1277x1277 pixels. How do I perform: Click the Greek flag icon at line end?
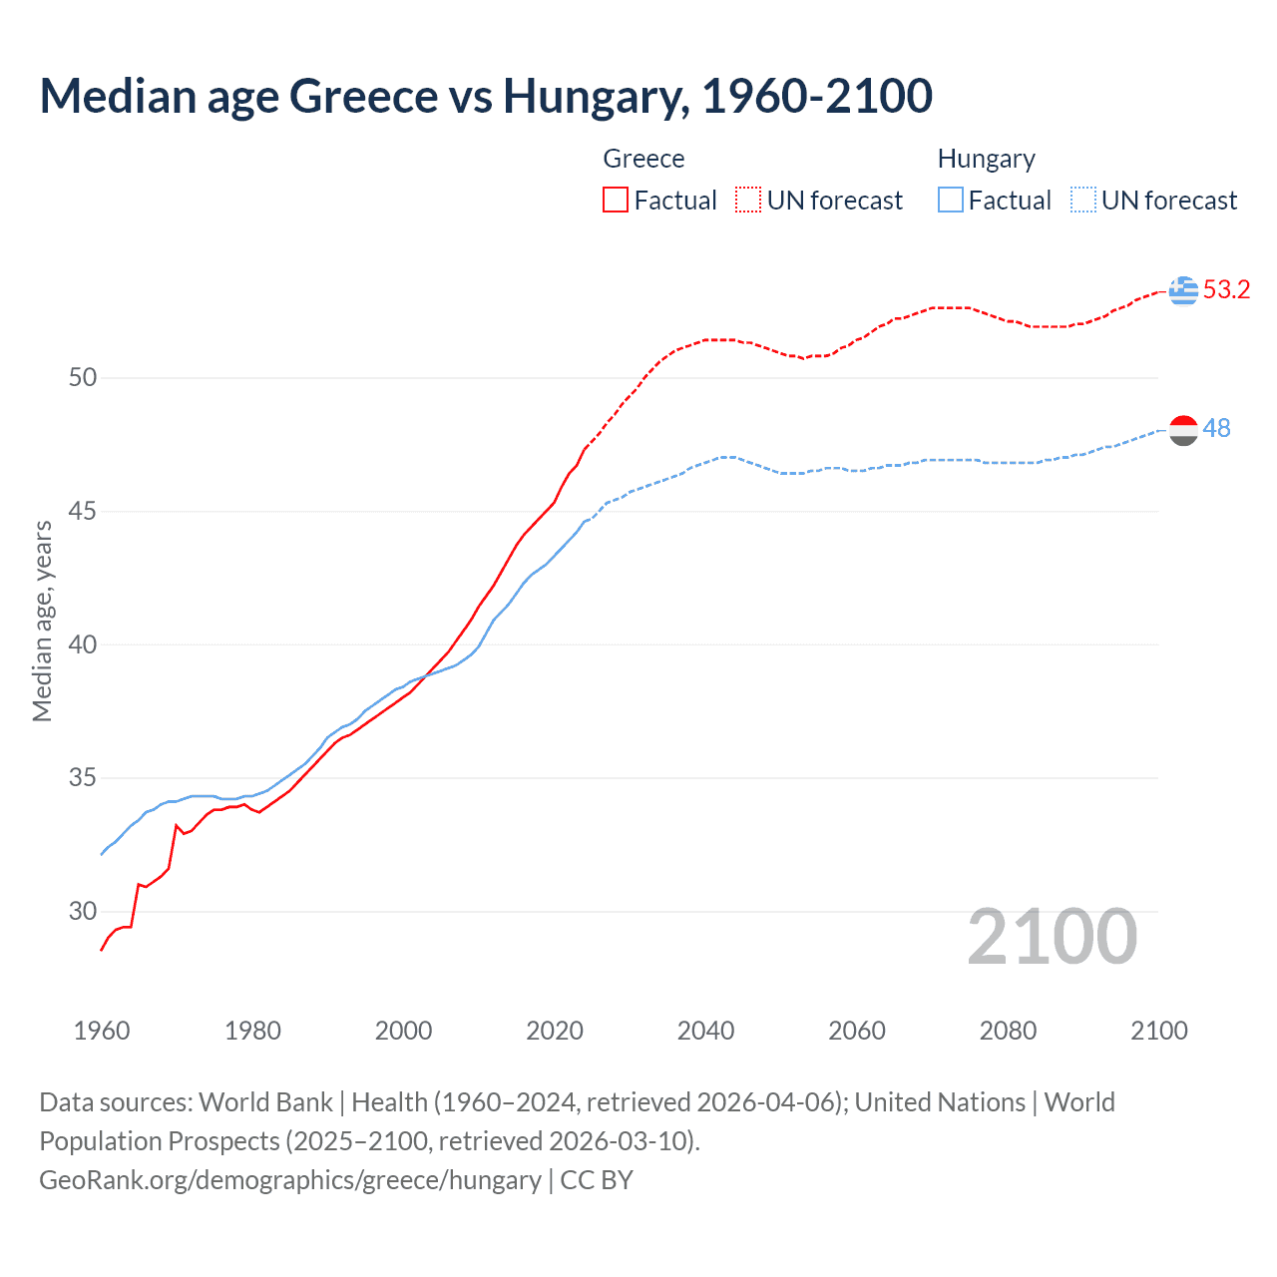(x=1183, y=290)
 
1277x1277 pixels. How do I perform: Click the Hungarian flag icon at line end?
(x=1183, y=430)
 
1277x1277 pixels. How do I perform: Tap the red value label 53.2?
(x=1226, y=290)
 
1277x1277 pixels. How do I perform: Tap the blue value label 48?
(x=1216, y=428)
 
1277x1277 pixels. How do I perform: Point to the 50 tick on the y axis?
(x=83, y=377)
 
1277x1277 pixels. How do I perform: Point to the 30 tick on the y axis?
(x=83, y=911)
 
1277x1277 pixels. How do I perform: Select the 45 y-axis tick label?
(x=83, y=511)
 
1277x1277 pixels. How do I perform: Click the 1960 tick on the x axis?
(x=102, y=1031)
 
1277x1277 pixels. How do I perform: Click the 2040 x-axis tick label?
(x=705, y=1031)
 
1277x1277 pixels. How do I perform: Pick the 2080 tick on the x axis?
(x=1008, y=1031)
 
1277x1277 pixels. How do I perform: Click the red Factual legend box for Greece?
(x=616, y=201)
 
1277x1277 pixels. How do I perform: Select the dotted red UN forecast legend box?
(x=748, y=201)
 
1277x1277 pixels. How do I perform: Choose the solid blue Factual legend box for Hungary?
(x=950, y=201)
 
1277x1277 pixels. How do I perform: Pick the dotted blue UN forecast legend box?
(x=1082, y=201)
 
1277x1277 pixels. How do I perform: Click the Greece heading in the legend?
(x=643, y=159)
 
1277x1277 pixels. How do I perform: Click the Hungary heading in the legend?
(x=986, y=159)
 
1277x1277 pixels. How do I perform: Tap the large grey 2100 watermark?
(x=1052, y=936)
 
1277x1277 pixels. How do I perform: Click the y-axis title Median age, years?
(x=42, y=621)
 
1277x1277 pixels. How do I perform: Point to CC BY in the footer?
(x=597, y=1179)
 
